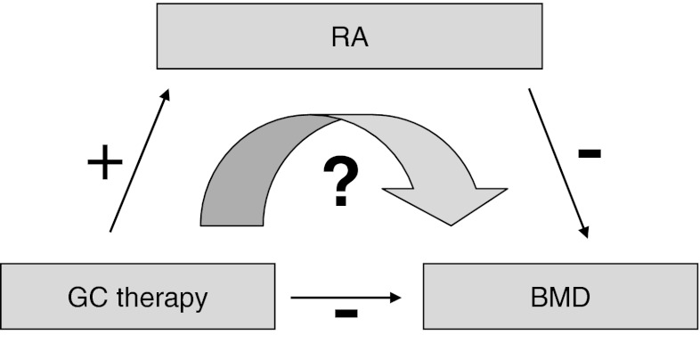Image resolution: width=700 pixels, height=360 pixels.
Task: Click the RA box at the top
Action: coord(349,38)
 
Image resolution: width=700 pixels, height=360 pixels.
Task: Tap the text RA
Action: coord(349,38)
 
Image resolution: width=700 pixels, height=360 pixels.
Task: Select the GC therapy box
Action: coord(137,297)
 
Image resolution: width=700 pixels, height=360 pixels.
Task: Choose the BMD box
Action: coord(560,297)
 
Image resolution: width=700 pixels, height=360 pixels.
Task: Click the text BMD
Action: coord(560,297)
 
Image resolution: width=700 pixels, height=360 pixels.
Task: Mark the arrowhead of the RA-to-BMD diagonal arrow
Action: coord(584,231)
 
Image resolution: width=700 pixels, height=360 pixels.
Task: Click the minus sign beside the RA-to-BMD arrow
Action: coord(589,153)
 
